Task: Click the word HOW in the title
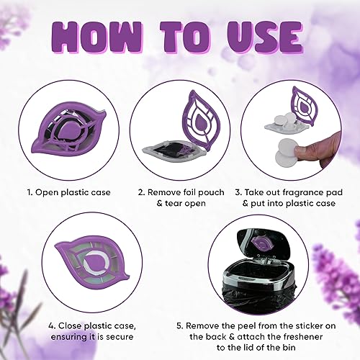coord(98,37)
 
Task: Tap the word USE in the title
coord(265,37)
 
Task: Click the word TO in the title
coord(185,37)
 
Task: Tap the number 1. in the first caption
coord(30,192)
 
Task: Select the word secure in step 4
coord(120,337)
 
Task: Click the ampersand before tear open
coord(160,203)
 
